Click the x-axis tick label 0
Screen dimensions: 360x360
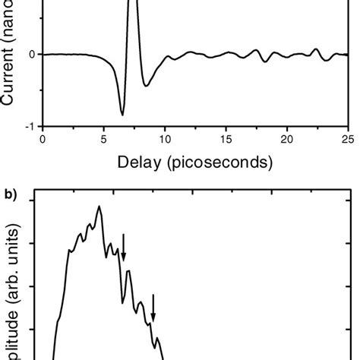[43, 141]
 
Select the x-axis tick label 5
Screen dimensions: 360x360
[103, 141]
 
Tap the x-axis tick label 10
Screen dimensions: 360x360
[165, 141]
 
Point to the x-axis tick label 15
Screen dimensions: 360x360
[226, 141]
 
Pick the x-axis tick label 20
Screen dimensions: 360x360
[286, 141]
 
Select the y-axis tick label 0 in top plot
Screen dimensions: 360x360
[32, 55]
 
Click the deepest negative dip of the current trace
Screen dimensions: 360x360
[122, 115]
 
